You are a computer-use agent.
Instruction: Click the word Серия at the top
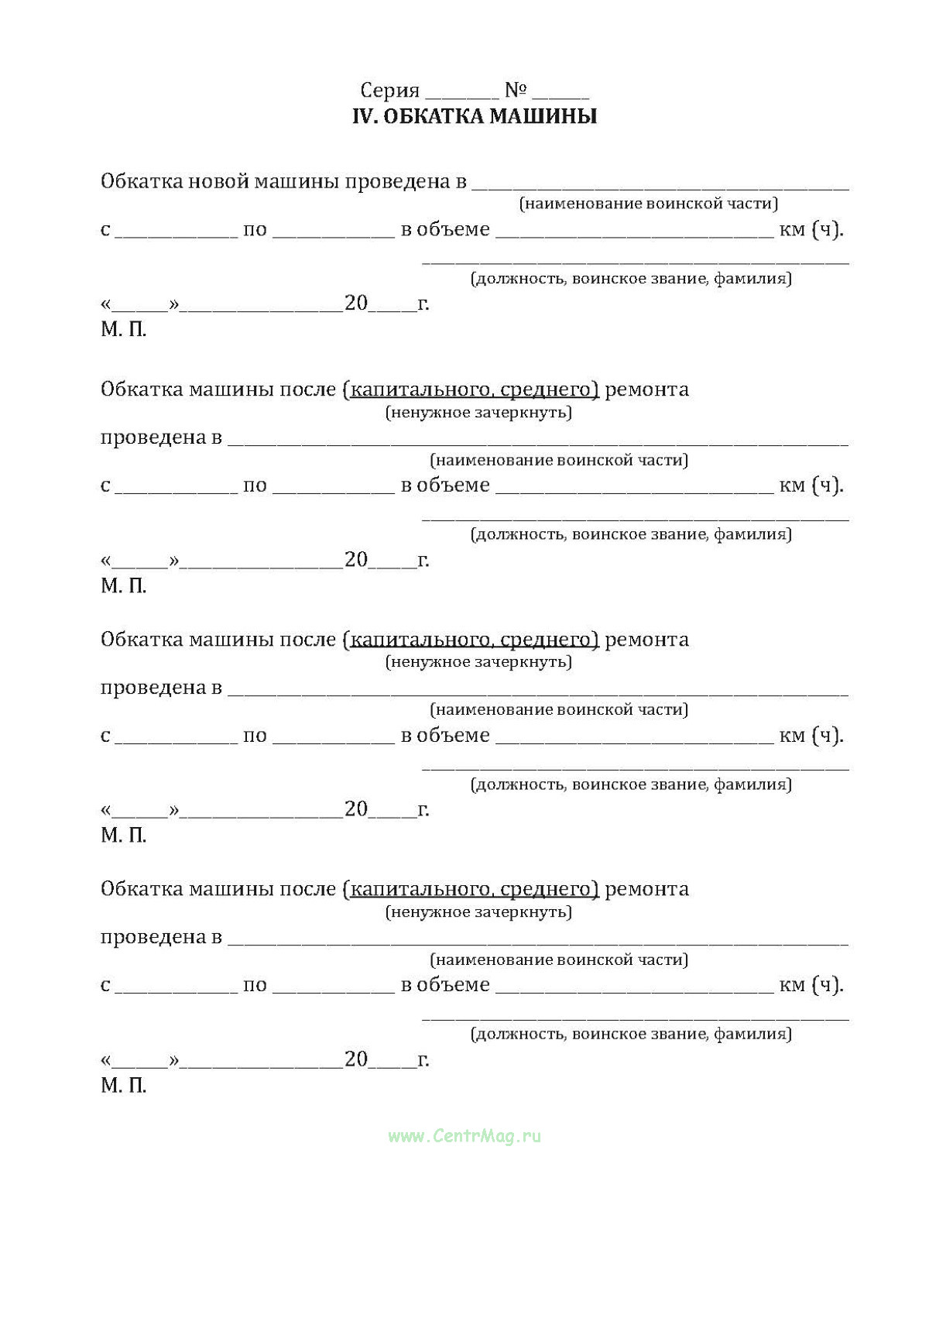coord(389,91)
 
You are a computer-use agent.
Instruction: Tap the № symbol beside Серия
coord(516,91)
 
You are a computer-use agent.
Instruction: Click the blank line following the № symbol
coord(560,96)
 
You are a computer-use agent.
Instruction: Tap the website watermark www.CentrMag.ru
coord(464,1136)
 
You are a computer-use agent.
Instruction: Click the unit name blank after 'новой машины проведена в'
coord(660,186)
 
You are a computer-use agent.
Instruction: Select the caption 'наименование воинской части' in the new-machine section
coord(648,204)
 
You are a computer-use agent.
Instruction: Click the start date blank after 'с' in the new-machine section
coord(177,234)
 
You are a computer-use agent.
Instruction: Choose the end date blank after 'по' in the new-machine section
coord(334,234)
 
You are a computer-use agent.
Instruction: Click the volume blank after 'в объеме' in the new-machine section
coord(634,234)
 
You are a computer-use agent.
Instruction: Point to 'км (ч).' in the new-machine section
coord(811,230)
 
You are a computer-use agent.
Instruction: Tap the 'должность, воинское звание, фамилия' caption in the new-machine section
coord(631,279)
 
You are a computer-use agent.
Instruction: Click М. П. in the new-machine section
coord(123,330)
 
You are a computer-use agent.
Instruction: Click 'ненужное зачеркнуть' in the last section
coord(478,912)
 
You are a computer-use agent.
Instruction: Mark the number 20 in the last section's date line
coord(356,1059)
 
